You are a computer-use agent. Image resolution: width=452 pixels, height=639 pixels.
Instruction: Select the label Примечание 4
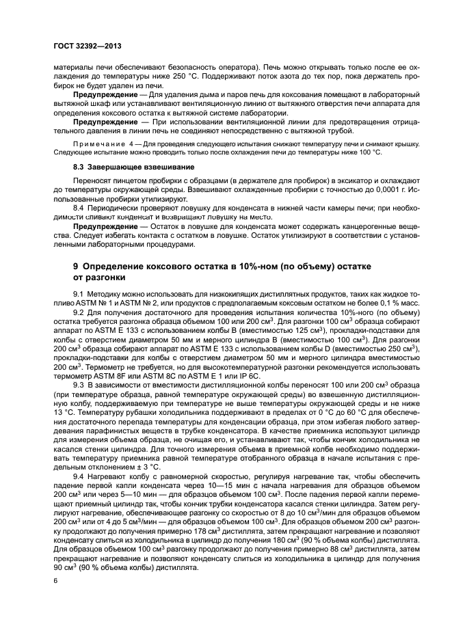[103, 143]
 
